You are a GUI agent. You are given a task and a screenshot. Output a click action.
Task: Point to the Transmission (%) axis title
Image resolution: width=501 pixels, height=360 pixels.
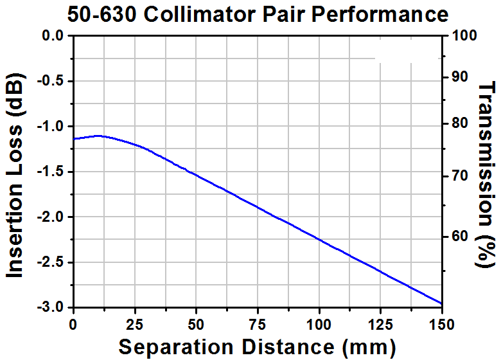[488, 174]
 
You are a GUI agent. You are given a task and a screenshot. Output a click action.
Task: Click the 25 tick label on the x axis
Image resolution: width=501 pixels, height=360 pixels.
[135, 321]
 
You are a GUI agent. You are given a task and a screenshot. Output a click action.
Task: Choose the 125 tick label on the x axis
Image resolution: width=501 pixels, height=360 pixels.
[381, 321]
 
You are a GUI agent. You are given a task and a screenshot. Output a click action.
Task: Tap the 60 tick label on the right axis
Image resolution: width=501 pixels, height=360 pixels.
[459, 237]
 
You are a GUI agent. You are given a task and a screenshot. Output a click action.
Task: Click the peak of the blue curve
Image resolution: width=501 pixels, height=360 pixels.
[98, 136]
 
